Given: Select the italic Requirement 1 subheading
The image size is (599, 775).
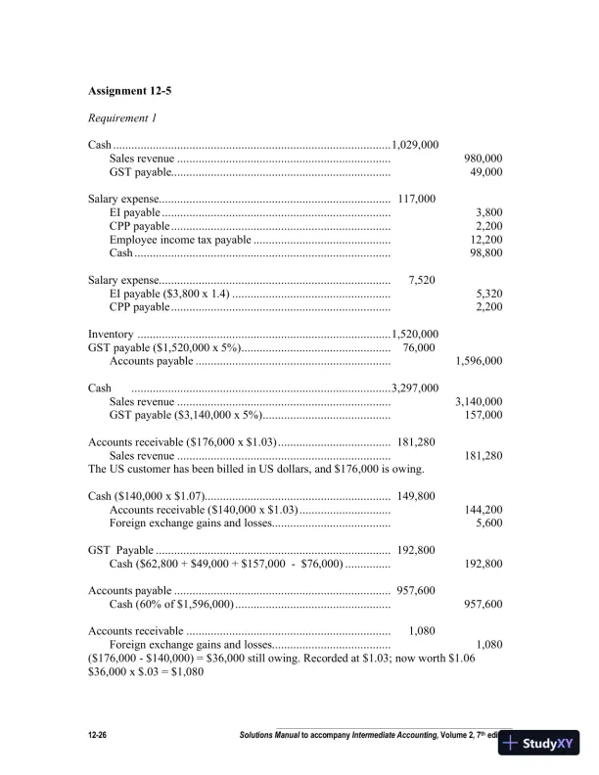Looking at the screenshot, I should [x=122, y=118].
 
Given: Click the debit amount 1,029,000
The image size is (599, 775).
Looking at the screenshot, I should [x=414, y=146].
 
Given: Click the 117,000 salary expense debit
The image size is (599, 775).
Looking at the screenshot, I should [x=417, y=200].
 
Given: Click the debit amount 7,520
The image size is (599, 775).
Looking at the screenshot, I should [x=422, y=280].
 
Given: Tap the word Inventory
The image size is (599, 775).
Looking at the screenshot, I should [x=111, y=334].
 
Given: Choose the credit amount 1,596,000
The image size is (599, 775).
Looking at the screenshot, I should [x=480, y=361].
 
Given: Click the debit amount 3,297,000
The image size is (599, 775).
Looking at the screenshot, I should [x=414, y=387].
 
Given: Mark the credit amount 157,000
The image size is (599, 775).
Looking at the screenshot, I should [x=483, y=415].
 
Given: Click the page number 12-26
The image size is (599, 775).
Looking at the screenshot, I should [x=101, y=734].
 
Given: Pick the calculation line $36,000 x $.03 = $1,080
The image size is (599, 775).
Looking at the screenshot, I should [x=146, y=671].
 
